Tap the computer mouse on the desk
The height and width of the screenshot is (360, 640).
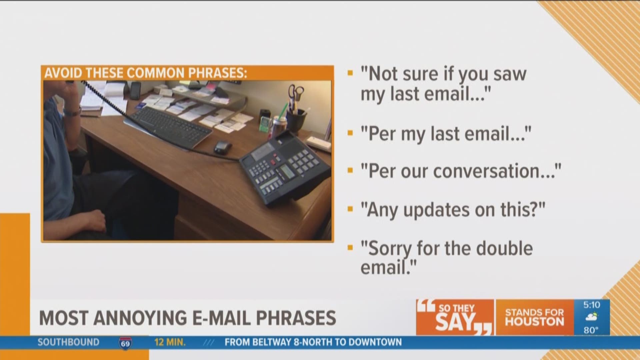pos(222,147)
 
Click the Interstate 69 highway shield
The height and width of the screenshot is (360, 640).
pos(125,343)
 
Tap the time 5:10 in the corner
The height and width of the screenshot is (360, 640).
pos(592,305)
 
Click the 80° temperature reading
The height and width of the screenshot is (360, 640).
pos(591,330)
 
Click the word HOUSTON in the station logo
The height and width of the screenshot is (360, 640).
pos(534,322)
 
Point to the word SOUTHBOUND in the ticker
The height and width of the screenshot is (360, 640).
pos(68,342)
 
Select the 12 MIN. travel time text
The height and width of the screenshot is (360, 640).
pos(170,342)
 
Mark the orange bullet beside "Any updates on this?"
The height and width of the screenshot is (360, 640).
pos(350,209)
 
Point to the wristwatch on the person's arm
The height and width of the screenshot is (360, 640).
pos(72,112)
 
